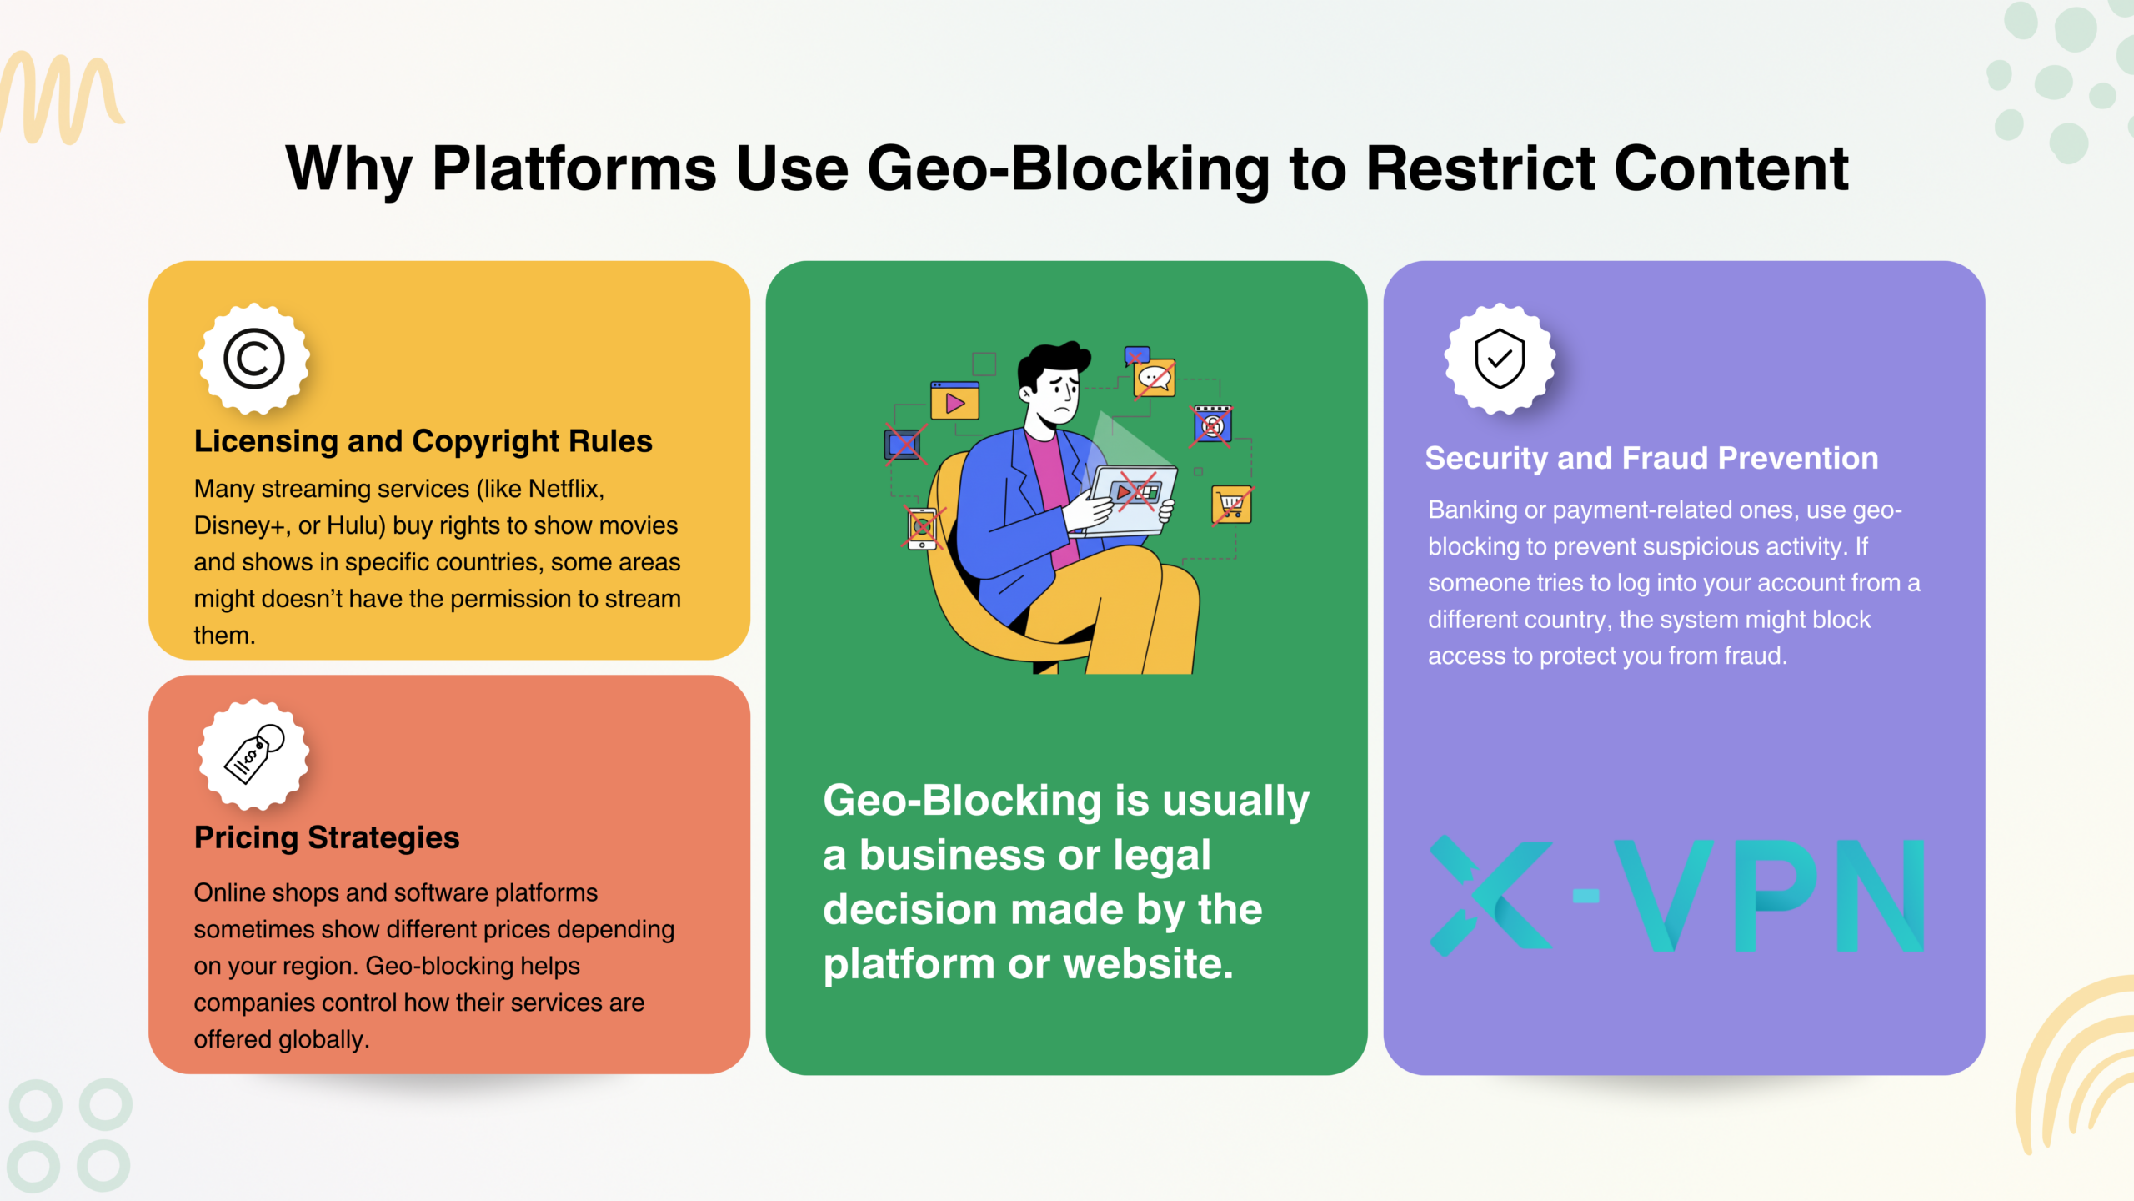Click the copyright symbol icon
coord(254,359)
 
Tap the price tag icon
coord(254,754)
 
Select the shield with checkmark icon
coord(1500,359)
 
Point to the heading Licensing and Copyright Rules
coord(423,441)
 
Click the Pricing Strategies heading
coord(327,837)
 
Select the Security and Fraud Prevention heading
coord(1651,458)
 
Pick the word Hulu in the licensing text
coord(355,525)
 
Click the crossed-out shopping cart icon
coord(1231,505)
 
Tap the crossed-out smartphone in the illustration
coord(922,528)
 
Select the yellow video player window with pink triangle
coord(954,401)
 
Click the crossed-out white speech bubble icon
coord(1155,378)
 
